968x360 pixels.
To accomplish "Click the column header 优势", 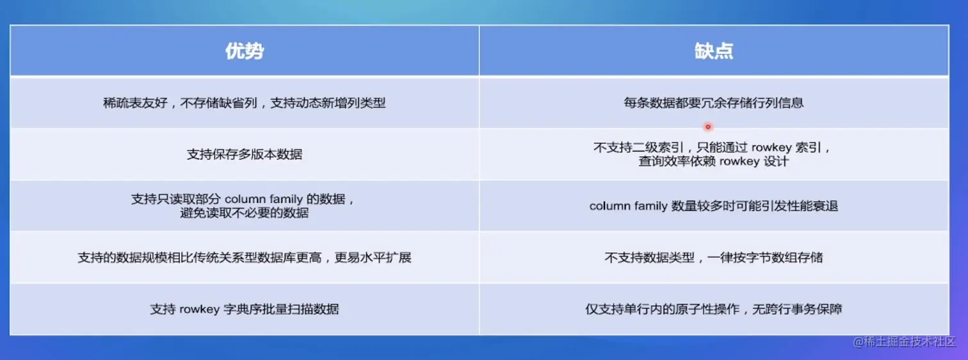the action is pos(245,51).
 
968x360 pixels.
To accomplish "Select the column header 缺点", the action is pos(714,51).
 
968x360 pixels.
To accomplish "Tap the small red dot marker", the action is pos(708,127).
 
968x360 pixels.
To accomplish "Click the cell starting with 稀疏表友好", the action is pos(244,103).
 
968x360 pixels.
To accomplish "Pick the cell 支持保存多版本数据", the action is pos(245,154).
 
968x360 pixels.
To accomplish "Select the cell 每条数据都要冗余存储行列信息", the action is pos(713,103).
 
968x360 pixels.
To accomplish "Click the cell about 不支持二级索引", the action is pos(713,154).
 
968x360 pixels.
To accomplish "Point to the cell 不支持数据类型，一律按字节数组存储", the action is pos(713,258).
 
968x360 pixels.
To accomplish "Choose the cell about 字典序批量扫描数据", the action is pos(245,309).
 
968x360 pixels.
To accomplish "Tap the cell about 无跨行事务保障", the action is pos(713,309).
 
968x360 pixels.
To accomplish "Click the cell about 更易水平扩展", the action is pos(245,258).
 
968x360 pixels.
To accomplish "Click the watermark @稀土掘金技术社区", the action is pos(904,342).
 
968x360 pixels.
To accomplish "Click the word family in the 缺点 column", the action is pos(647,207).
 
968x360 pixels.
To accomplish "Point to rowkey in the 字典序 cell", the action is pos(200,309).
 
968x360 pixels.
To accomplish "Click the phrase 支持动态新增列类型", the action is pos(328,103).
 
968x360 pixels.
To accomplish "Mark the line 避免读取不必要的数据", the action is pos(245,213).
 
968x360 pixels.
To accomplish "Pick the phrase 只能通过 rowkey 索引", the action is pos(759,148).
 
